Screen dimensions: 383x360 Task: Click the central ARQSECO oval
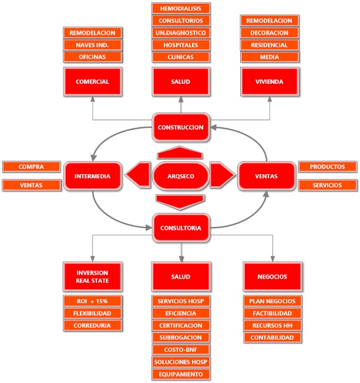[x=181, y=175]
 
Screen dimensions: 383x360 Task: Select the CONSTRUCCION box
[x=181, y=127]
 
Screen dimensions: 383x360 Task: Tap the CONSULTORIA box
[x=181, y=228]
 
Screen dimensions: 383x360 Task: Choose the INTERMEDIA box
[x=93, y=175]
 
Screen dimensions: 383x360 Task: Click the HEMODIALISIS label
[x=181, y=8]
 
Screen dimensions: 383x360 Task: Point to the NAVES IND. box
[x=93, y=45]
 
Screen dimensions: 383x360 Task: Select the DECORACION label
[x=270, y=32]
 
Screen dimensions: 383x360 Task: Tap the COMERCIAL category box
[x=93, y=82]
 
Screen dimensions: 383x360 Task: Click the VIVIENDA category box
[x=270, y=82]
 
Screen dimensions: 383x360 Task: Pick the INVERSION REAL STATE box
[x=93, y=276]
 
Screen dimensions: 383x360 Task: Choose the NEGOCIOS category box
[x=272, y=276]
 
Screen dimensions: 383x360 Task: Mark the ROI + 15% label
[x=93, y=301]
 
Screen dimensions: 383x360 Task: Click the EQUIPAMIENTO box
[x=181, y=374]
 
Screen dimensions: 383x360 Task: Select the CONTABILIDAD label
[x=272, y=338]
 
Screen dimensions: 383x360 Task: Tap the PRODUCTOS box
[x=328, y=167]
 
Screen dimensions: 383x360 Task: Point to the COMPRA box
[x=32, y=167]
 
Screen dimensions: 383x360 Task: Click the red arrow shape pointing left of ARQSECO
[x=137, y=175]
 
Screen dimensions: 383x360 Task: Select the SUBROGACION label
[x=181, y=338]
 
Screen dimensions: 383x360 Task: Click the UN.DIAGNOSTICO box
[x=181, y=33]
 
